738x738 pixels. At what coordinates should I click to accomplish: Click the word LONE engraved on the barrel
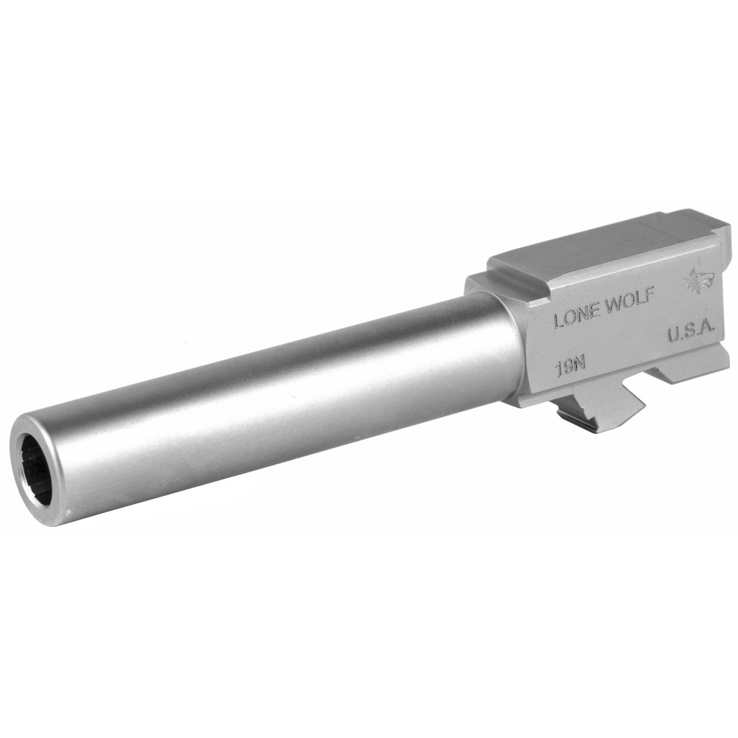576,317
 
